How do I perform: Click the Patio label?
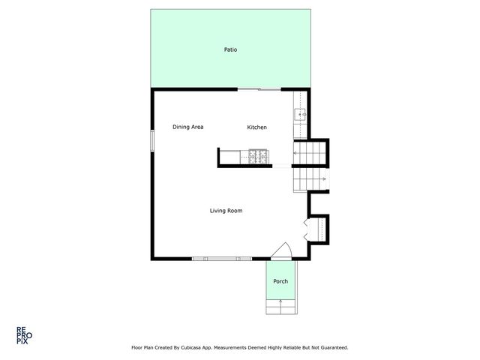pyautogui.click(x=231, y=50)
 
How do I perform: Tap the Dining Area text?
pyautogui.click(x=187, y=127)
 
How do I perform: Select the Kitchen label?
pyautogui.click(x=257, y=127)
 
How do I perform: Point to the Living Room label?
pyautogui.click(x=226, y=211)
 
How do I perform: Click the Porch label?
pyautogui.click(x=280, y=281)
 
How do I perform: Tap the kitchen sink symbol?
pyautogui.click(x=298, y=115)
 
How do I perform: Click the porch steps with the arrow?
pyautogui.click(x=281, y=305)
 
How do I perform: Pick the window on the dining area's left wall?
pyautogui.click(x=152, y=140)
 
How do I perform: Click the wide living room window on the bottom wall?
pyautogui.click(x=221, y=259)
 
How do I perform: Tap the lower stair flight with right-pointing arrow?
pyautogui.click(x=309, y=180)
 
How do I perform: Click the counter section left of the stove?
pyautogui.click(x=232, y=156)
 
